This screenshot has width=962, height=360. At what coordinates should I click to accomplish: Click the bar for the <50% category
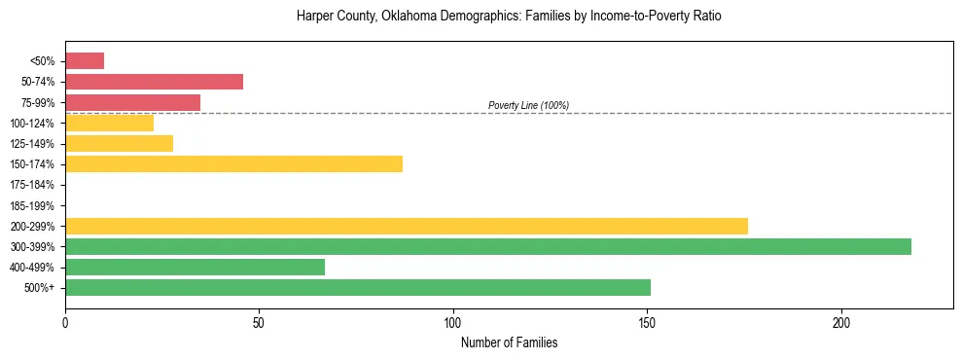(x=85, y=60)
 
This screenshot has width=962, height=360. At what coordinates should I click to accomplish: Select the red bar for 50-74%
(x=154, y=82)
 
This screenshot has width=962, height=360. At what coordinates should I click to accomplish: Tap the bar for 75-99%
(x=132, y=102)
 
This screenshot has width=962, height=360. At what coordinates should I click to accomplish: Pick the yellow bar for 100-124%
(x=109, y=123)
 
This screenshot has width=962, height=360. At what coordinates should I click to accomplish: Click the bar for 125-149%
(x=119, y=143)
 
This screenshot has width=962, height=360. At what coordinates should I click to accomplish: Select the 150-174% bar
(x=233, y=163)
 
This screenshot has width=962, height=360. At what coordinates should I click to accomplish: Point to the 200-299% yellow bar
(x=407, y=226)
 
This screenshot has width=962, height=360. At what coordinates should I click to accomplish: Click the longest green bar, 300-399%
(x=488, y=246)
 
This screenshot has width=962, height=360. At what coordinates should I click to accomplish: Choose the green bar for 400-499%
(x=195, y=267)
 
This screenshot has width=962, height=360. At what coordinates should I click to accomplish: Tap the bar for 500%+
(x=358, y=287)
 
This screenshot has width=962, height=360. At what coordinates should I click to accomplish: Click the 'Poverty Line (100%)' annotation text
(x=528, y=105)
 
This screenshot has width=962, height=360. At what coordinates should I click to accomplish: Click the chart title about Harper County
(x=509, y=17)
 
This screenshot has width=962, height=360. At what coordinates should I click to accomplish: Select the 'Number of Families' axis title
(x=509, y=342)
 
